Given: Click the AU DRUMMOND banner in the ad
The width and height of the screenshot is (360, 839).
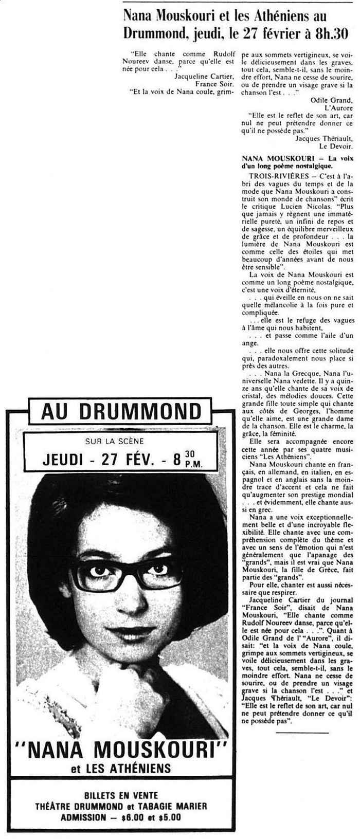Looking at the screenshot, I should tap(121, 411).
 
